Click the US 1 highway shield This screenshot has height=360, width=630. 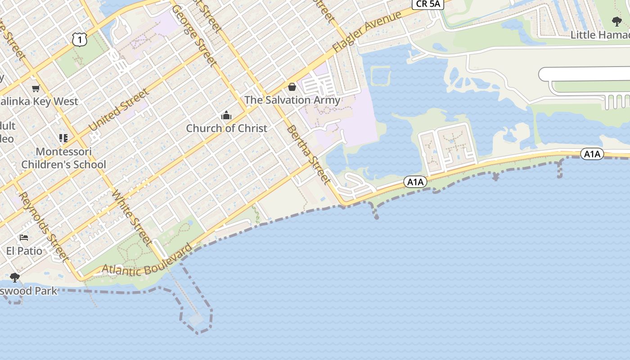(79, 40)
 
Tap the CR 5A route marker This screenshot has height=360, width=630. (428, 4)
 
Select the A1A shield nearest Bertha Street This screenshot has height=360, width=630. (415, 182)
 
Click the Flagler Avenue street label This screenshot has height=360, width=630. (366, 31)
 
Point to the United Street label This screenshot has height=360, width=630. (119, 110)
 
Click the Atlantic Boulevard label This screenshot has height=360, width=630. (147, 263)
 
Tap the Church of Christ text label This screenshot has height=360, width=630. (227, 128)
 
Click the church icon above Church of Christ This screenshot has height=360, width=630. (226, 116)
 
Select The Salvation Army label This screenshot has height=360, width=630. (292, 100)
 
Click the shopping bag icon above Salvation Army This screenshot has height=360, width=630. (292, 87)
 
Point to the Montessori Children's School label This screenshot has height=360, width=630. (64, 158)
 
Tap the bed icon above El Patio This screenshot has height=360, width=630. (24, 237)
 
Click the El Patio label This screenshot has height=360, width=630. (24, 251)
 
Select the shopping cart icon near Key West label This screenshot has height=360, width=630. (36, 88)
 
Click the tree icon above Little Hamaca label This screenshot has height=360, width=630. (616, 21)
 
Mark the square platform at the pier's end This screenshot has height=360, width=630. (197, 320)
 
